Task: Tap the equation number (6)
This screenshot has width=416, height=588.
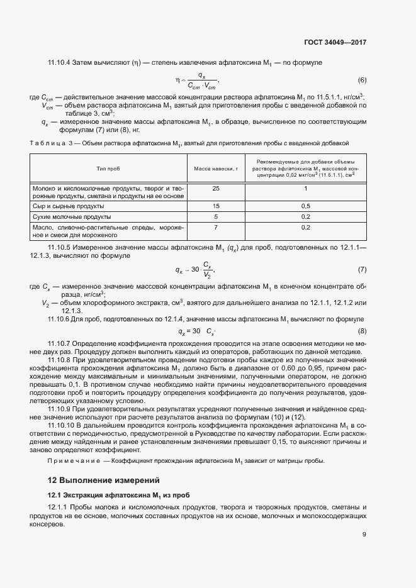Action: click(x=362, y=80)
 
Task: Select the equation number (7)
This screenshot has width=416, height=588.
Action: click(x=362, y=270)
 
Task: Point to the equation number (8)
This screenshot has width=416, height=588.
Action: click(x=362, y=331)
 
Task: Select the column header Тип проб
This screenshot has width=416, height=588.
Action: click(x=108, y=169)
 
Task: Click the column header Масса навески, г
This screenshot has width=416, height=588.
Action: click(x=216, y=169)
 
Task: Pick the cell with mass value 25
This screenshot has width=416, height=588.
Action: click(x=216, y=189)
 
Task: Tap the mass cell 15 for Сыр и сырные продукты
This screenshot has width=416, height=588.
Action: click(x=216, y=206)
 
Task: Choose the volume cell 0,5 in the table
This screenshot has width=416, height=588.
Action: click(x=306, y=206)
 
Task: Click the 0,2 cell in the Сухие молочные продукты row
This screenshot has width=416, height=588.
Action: click(x=306, y=216)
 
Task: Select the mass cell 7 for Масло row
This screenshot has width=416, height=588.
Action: click(x=216, y=227)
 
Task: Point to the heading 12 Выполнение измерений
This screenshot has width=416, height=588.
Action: click(x=103, y=480)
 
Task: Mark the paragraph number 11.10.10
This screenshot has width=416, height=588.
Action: click(x=62, y=426)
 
